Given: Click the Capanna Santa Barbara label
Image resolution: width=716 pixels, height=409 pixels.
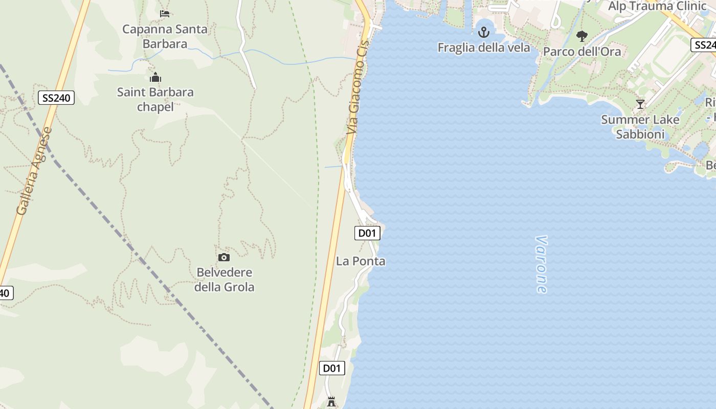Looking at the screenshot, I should point(165,36).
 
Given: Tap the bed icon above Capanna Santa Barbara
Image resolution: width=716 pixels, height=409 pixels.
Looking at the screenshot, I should point(165,14).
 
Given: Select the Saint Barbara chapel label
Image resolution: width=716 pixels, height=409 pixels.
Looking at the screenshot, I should point(155,99).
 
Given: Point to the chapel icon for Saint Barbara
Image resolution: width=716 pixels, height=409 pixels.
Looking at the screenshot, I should point(155,78).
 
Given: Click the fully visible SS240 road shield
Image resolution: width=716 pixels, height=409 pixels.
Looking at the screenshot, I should point(56,98).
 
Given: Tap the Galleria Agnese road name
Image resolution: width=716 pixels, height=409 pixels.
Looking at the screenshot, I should point(34,171).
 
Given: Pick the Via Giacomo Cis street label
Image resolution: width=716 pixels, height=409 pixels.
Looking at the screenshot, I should point(357,87).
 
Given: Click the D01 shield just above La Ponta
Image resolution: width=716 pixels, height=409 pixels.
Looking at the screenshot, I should point(367,233).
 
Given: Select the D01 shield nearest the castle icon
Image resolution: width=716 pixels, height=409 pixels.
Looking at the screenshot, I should point(332,368).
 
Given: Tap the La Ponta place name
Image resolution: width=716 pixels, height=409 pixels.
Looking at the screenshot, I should point(361,261).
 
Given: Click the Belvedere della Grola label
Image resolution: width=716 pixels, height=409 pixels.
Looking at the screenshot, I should point(224,280).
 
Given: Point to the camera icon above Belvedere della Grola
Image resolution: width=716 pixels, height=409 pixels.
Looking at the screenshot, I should point(224,257).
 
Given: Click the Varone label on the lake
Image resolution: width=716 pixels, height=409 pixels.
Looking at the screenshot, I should point(541,264).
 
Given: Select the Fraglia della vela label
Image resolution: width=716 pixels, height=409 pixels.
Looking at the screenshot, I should point(483,48).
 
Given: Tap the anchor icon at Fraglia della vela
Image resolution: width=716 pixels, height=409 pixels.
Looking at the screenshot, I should point(483,33).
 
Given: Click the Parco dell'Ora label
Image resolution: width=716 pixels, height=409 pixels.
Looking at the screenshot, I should point(582,52).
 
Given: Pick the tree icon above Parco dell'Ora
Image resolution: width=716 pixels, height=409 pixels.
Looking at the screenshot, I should point(581,36).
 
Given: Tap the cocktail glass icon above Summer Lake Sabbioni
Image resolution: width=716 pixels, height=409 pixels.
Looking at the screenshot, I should point(640,104).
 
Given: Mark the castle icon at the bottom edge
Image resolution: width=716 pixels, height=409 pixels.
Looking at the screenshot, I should point(331,402).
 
